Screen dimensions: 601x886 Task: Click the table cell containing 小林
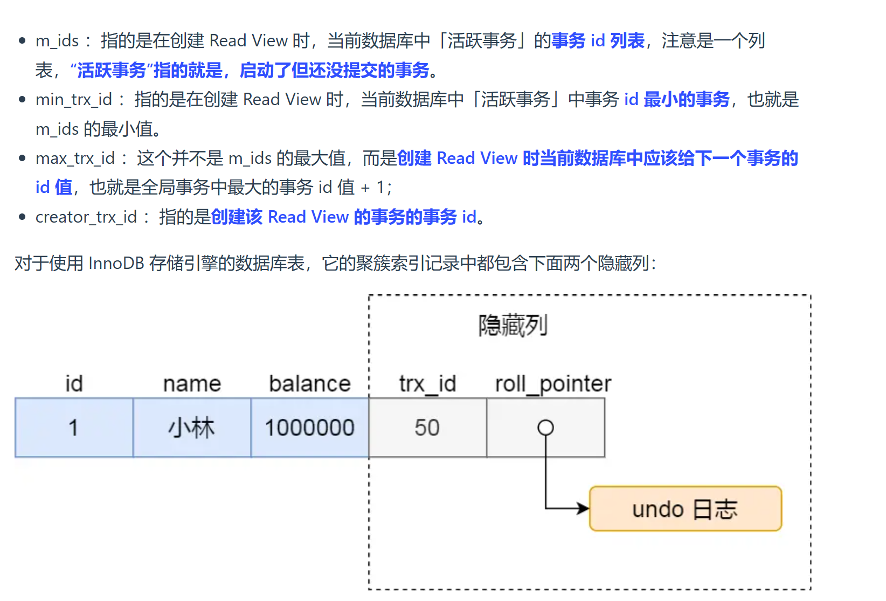(x=192, y=428)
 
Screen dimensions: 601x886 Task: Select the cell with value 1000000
(x=310, y=428)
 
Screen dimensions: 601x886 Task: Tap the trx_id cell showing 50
(x=427, y=428)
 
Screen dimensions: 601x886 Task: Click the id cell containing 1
(x=74, y=428)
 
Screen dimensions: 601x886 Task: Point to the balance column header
(x=310, y=384)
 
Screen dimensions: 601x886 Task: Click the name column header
(x=192, y=384)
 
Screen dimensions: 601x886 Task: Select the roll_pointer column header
(x=553, y=384)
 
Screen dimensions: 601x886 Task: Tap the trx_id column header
(x=427, y=384)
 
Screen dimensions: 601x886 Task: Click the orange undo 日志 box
(x=685, y=509)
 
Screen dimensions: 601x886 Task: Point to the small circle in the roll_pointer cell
(x=545, y=427)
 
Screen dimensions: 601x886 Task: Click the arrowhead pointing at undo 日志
(x=584, y=508)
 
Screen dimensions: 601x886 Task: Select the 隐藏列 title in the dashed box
(x=513, y=326)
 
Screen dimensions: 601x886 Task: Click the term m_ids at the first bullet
(x=57, y=41)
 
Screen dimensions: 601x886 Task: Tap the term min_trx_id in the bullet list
(x=74, y=100)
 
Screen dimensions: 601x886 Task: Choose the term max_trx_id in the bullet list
(x=75, y=158)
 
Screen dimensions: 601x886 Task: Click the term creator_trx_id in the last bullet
(x=86, y=217)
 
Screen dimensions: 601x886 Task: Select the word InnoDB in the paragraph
(x=116, y=264)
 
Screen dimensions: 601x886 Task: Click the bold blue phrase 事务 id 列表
(x=598, y=41)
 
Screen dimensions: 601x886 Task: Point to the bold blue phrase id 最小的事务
(x=677, y=100)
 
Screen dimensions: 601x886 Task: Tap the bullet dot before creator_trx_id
(x=22, y=217)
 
